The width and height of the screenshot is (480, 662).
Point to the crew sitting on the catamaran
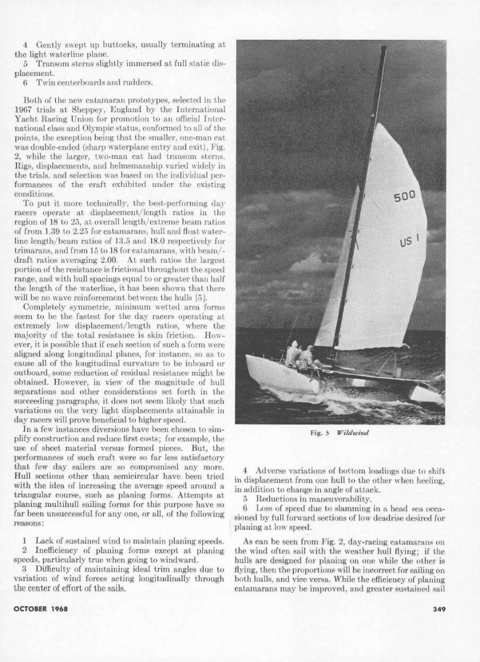tap(300, 356)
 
